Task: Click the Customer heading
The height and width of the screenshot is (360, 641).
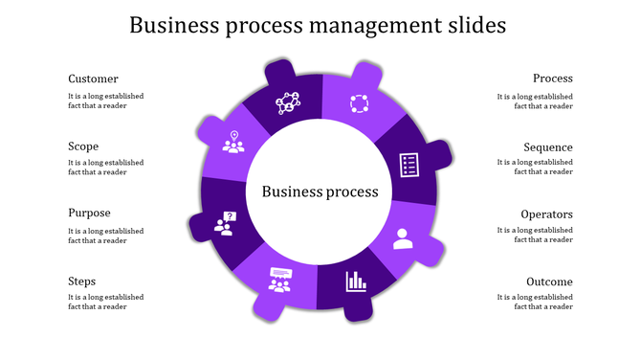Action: [x=93, y=79]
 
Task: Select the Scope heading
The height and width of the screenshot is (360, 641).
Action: [x=83, y=146]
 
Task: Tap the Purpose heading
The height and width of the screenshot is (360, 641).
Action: [x=89, y=214]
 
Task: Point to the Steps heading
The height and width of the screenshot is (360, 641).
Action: [x=81, y=281]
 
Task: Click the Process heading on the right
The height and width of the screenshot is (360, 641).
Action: [x=553, y=79]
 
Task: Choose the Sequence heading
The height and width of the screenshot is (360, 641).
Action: [x=548, y=147]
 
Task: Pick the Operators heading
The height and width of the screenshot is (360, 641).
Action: [x=547, y=214]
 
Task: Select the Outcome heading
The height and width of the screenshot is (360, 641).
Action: [x=549, y=282]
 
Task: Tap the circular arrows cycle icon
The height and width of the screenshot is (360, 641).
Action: [x=359, y=103]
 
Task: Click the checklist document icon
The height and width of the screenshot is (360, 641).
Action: [x=409, y=164]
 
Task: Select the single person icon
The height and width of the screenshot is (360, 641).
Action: [x=402, y=237]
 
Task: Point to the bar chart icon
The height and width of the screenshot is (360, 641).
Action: [x=357, y=281]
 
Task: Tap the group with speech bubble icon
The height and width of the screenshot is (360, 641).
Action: [x=279, y=280]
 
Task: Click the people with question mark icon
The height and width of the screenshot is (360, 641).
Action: [x=226, y=224]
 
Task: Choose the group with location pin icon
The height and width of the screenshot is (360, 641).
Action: [x=232, y=142]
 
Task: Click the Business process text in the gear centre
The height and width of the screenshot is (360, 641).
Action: [x=320, y=191]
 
